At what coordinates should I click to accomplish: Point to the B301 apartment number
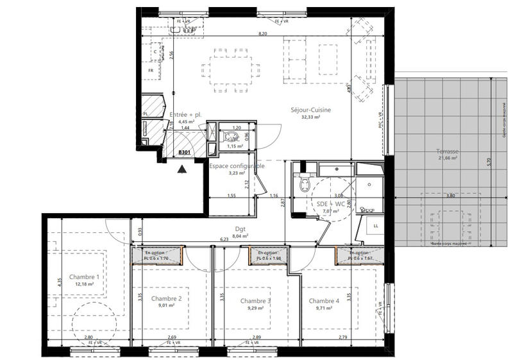click(x=184, y=152)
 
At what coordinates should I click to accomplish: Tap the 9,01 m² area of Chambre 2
click(x=166, y=306)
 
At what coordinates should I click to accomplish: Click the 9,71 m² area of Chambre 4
click(x=324, y=308)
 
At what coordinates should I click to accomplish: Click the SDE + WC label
click(x=326, y=203)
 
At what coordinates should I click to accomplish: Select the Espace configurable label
click(x=237, y=166)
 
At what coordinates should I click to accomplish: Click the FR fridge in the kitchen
click(x=151, y=70)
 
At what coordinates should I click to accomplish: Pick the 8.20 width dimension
click(x=263, y=33)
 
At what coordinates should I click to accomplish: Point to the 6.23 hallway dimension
click(x=224, y=239)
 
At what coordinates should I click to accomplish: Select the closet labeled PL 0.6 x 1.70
click(x=157, y=257)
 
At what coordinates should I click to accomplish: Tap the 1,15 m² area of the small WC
click(x=235, y=146)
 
